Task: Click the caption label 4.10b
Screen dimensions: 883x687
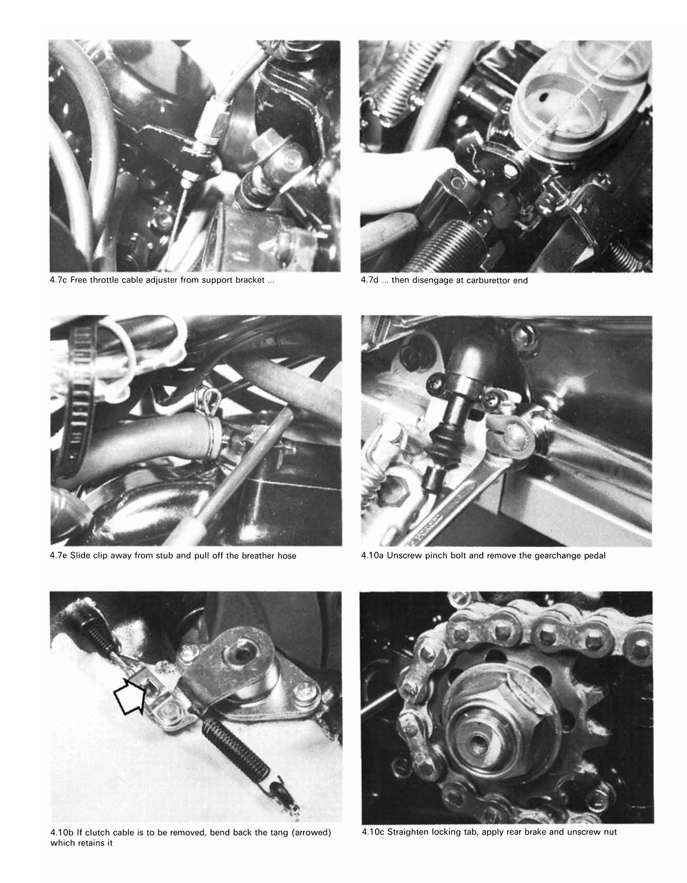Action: (x=62, y=832)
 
